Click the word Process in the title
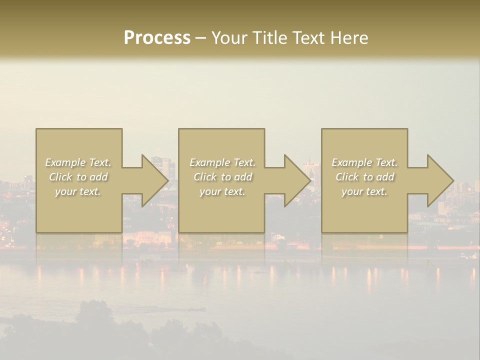coord(157,38)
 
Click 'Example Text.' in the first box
coord(78,162)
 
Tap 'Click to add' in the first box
coord(78,177)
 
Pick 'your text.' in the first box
coord(78,191)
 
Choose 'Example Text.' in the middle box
coord(222,162)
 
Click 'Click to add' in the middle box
coord(222,177)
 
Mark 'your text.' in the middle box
coord(222,191)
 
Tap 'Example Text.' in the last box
coord(364,162)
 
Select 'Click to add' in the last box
coord(364,177)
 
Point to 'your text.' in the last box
coord(364,191)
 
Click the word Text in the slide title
coord(307,38)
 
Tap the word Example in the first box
coord(65,162)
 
